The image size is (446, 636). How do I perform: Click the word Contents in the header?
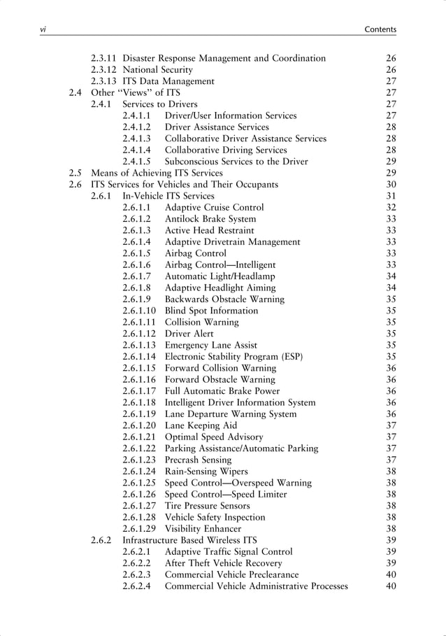pyautogui.click(x=381, y=29)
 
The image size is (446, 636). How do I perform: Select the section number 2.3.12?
pyautogui.click(x=105, y=70)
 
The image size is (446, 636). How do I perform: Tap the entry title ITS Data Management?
pyautogui.click(x=168, y=81)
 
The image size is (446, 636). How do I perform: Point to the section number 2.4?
pyautogui.click(x=75, y=93)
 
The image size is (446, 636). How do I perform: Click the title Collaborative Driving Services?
pyautogui.click(x=221, y=150)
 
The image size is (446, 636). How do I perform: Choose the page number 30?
pyautogui.click(x=391, y=184)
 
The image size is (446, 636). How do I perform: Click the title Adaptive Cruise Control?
pyautogui.click(x=214, y=207)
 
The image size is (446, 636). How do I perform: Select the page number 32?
pyautogui.click(x=391, y=207)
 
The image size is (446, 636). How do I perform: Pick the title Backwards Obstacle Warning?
pyautogui.click(x=224, y=299)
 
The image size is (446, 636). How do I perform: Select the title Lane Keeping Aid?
pyautogui.click(x=201, y=425)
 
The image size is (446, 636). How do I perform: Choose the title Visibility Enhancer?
pyautogui.click(x=203, y=528)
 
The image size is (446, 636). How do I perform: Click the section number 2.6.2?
pyautogui.click(x=102, y=540)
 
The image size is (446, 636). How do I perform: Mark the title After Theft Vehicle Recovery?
pyautogui.click(x=223, y=563)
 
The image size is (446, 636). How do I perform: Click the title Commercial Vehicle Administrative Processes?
pyautogui.click(x=256, y=586)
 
